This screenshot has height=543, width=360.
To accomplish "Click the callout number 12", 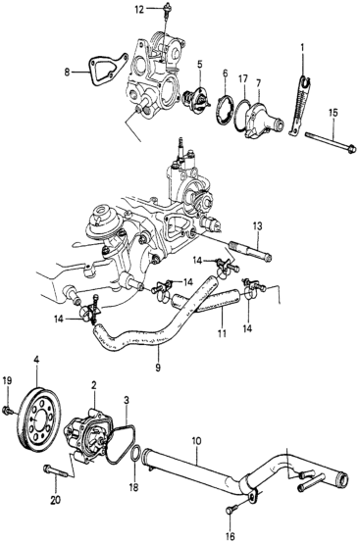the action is pos(139,10).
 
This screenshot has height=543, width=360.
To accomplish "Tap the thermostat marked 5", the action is pos(197,99).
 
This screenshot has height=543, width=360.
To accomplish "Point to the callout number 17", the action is pos(243,79).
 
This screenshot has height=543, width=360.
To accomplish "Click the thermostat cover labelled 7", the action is pos(262,120).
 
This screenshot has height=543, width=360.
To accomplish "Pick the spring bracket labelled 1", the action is pos(298,104).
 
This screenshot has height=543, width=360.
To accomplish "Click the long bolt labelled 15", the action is pos(331,142).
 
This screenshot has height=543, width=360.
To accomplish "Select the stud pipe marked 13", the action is pos(250,249).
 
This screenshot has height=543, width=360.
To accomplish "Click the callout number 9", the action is pos(158,368).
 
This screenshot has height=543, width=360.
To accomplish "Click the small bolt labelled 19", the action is pos(8,411).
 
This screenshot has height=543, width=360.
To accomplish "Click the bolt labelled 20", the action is pos(56,471).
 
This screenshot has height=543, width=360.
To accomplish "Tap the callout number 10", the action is pos(196,442).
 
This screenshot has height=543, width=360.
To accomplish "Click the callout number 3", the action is pos(127,400).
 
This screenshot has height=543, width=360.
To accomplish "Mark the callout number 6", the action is pos(226,74).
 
